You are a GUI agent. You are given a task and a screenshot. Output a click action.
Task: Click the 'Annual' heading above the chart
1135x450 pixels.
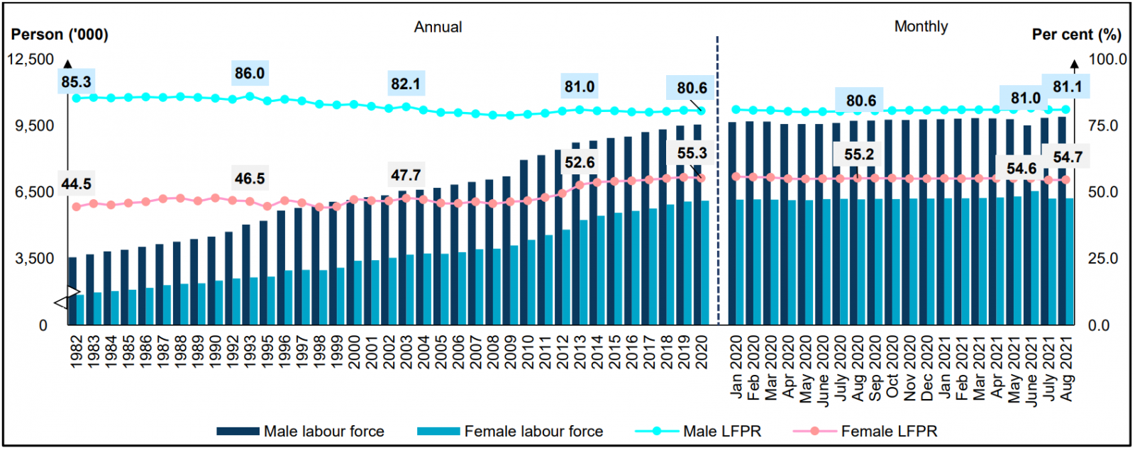click(438, 27)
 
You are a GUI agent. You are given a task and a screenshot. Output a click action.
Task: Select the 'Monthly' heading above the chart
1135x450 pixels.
click(921, 26)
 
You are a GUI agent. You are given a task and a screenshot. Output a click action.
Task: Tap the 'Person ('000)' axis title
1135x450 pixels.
click(60, 35)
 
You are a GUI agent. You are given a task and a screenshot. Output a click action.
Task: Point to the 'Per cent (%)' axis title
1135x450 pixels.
click(1076, 35)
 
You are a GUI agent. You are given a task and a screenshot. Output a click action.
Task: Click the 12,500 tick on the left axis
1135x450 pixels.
click(31, 60)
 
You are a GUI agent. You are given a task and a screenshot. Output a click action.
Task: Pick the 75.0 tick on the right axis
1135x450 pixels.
click(1103, 125)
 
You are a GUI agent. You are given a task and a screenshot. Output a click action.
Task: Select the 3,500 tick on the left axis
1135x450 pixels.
click(35, 259)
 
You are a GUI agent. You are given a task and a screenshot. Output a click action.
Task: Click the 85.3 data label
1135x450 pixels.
click(76, 82)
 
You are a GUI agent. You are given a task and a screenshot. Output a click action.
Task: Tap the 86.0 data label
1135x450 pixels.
click(250, 73)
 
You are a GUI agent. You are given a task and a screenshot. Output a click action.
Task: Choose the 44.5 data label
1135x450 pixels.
click(76, 184)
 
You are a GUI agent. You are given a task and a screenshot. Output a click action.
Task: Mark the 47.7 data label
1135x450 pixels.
click(406, 175)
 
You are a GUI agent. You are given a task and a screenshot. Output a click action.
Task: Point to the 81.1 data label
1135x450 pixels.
click(1068, 86)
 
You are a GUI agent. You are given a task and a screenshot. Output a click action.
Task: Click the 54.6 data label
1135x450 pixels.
click(1021, 169)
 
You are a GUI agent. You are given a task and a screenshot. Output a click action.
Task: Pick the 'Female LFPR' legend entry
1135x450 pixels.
click(889, 431)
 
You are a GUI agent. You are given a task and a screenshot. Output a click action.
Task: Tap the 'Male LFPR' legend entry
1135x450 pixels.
click(721, 431)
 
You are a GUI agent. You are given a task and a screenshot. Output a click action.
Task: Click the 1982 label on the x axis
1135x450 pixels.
click(77, 351)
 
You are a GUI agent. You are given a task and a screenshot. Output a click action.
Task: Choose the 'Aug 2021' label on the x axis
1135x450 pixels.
click(1068, 369)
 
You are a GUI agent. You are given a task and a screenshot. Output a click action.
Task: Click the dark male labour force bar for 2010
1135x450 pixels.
click(524, 241)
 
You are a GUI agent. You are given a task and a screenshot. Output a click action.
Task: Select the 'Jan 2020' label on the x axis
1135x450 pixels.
click(736, 367)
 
